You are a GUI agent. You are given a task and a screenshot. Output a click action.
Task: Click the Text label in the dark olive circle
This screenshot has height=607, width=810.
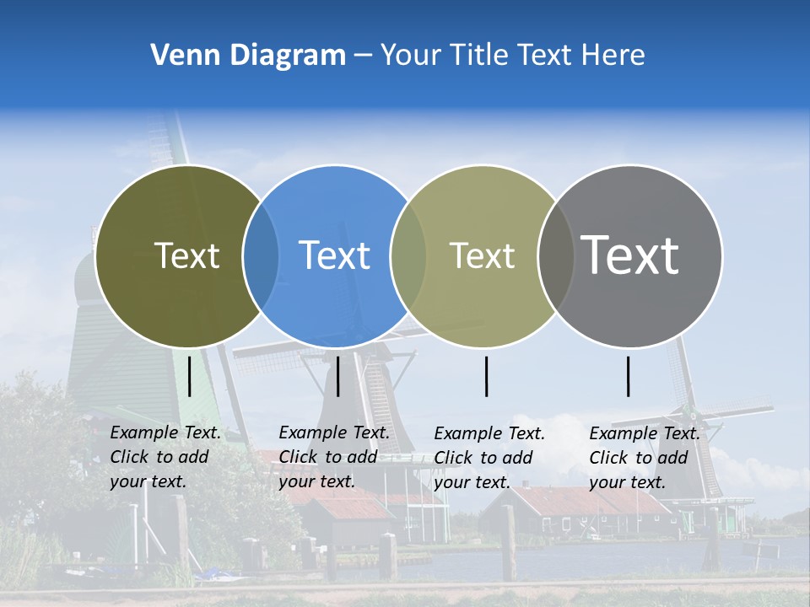pos(186,255)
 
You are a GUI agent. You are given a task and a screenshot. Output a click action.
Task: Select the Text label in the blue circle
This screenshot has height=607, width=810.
pos(334,255)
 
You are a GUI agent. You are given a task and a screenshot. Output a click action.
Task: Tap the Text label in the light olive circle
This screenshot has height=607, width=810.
pos(482,255)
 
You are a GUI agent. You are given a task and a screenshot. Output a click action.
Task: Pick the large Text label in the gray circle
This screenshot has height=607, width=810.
pos(630,255)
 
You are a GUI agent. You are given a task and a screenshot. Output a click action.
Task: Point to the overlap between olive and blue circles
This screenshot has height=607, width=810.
pos(261,256)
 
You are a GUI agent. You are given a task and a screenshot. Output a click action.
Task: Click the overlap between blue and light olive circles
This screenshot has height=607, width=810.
pos(408,256)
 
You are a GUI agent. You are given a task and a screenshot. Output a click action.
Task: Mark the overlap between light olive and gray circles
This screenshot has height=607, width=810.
pos(552,256)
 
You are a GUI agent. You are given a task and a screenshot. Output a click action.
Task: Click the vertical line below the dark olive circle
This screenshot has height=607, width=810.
pos(190,376)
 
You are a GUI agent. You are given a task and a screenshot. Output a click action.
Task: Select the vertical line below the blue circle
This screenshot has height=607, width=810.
pos(337,376)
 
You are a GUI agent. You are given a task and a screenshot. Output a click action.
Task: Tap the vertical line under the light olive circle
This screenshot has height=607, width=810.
pos(486,376)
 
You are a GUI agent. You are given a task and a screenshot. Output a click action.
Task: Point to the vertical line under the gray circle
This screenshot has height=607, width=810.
pos(628,376)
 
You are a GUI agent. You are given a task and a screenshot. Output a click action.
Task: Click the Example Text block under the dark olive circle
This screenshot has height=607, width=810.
pos(165,457)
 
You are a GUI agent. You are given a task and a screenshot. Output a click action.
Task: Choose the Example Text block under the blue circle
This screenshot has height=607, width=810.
pos(334,457)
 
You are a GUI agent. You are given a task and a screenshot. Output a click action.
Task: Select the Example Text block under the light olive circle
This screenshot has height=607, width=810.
pos(489,458)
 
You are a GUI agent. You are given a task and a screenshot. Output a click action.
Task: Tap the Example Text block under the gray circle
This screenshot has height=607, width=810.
pos(645,458)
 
